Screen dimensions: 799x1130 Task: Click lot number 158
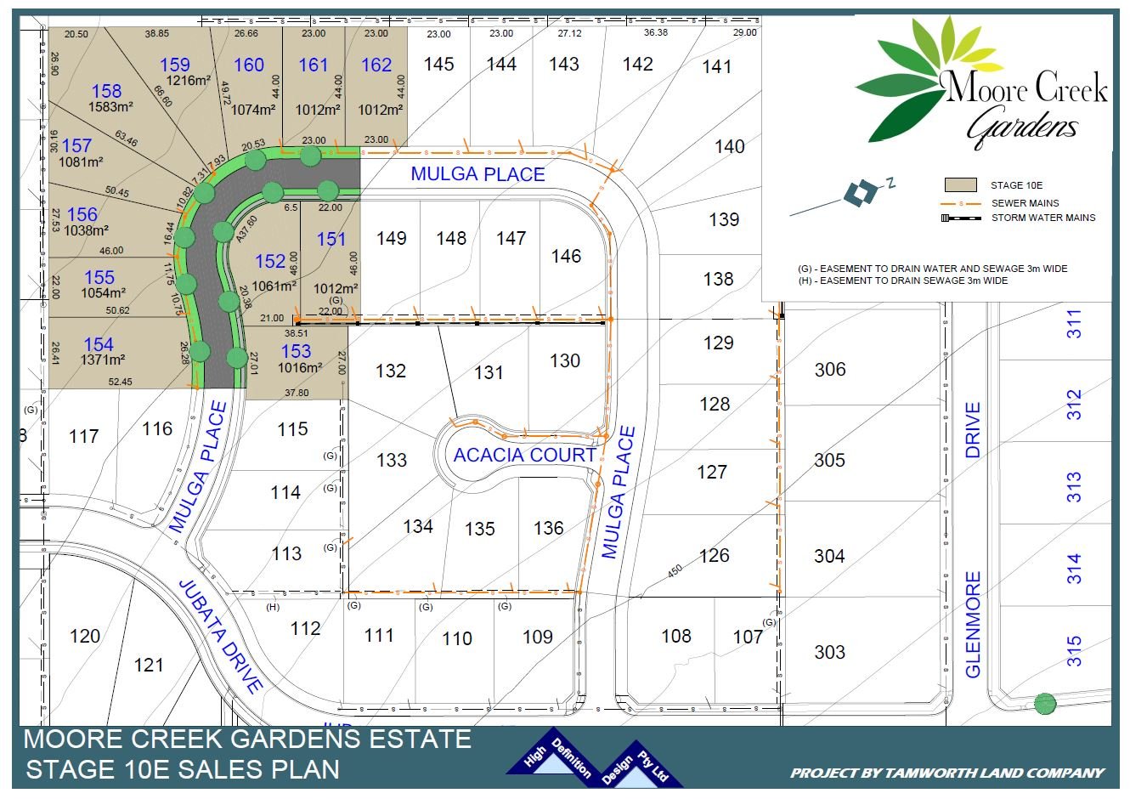tap(106, 91)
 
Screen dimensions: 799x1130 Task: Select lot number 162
tap(376, 65)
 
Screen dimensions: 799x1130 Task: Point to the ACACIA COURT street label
tap(524, 455)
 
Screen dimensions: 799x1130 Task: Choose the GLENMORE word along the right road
tap(973, 624)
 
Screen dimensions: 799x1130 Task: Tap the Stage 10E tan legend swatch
tap(961, 184)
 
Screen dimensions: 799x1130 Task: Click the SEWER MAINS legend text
tap(1025, 203)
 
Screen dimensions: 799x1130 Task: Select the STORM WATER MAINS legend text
tap(1043, 218)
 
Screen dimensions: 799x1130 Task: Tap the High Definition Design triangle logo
tap(595, 759)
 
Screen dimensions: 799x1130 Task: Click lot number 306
tap(829, 369)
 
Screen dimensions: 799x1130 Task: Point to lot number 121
tap(149, 665)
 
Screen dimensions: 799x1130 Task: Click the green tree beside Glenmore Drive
tap(1045, 704)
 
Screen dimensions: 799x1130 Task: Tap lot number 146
tap(566, 256)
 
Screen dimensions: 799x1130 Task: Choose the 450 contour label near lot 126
tap(675, 572)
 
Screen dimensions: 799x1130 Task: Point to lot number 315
tap(1074, 651)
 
